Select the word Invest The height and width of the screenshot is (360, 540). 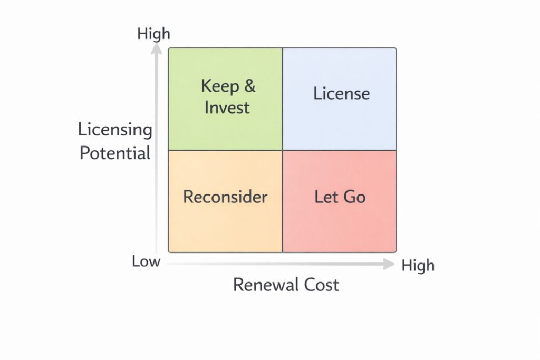point(227,108)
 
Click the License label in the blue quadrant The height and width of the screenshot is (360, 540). point(341,94)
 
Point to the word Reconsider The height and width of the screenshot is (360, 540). point(225,197)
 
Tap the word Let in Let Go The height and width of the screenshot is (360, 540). point(325,197)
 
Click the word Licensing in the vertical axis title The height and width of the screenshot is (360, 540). point(115,130)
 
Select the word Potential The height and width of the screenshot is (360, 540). point(115,153)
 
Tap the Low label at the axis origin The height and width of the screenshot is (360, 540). point(146,261)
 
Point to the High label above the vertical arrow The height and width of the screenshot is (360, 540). point(153,34)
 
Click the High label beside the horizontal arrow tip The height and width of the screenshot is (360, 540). point(418,266)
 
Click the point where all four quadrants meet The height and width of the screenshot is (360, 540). point(283,150)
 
